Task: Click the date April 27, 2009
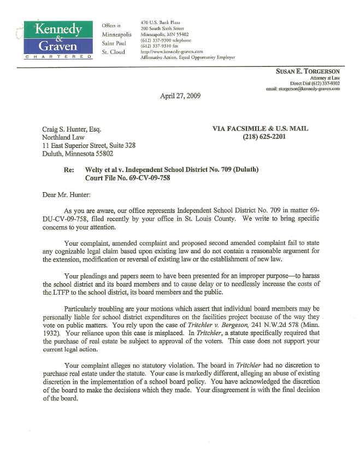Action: [180, 96]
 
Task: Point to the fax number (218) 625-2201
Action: [264, 136]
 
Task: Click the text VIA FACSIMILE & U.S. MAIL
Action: [260, 128]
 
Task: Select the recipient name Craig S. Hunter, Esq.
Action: [72, 129]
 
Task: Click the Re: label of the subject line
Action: [69, 170]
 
